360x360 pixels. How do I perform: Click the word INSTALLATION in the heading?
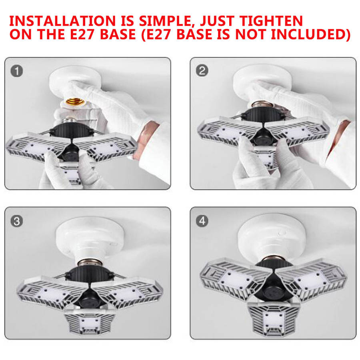[62, 21]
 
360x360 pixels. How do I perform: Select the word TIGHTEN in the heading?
[271, 21]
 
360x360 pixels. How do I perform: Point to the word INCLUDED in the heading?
[311, 34]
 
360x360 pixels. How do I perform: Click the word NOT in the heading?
[251, 34]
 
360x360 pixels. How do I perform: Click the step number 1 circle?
[17, 71]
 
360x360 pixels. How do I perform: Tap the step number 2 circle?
[202, 70]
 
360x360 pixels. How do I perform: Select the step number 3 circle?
[17, 221]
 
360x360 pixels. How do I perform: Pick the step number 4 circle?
[202, 221]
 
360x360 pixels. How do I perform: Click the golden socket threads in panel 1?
[75, 101]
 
